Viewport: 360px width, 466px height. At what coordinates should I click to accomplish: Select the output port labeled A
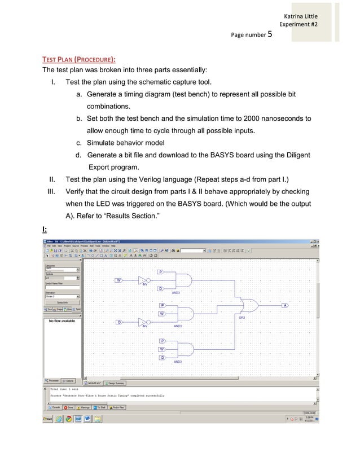click(285, 305)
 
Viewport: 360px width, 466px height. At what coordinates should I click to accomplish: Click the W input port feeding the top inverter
click(119, 280)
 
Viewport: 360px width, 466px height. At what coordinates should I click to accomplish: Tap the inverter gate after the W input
click(144, 280)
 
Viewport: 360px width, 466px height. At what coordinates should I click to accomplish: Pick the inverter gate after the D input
click(144, 322)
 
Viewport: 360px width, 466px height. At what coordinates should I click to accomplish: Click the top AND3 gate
click(184, 280)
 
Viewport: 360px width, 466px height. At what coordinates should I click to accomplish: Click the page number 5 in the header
click(270, 34)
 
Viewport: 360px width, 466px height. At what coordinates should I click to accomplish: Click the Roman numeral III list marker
click(50, 191)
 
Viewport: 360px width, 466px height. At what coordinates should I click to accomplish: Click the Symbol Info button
click(63, 302)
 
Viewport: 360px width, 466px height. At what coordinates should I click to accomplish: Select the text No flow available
click(63, 321)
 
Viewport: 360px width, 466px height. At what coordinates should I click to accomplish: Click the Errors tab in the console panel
click(71, 407)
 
